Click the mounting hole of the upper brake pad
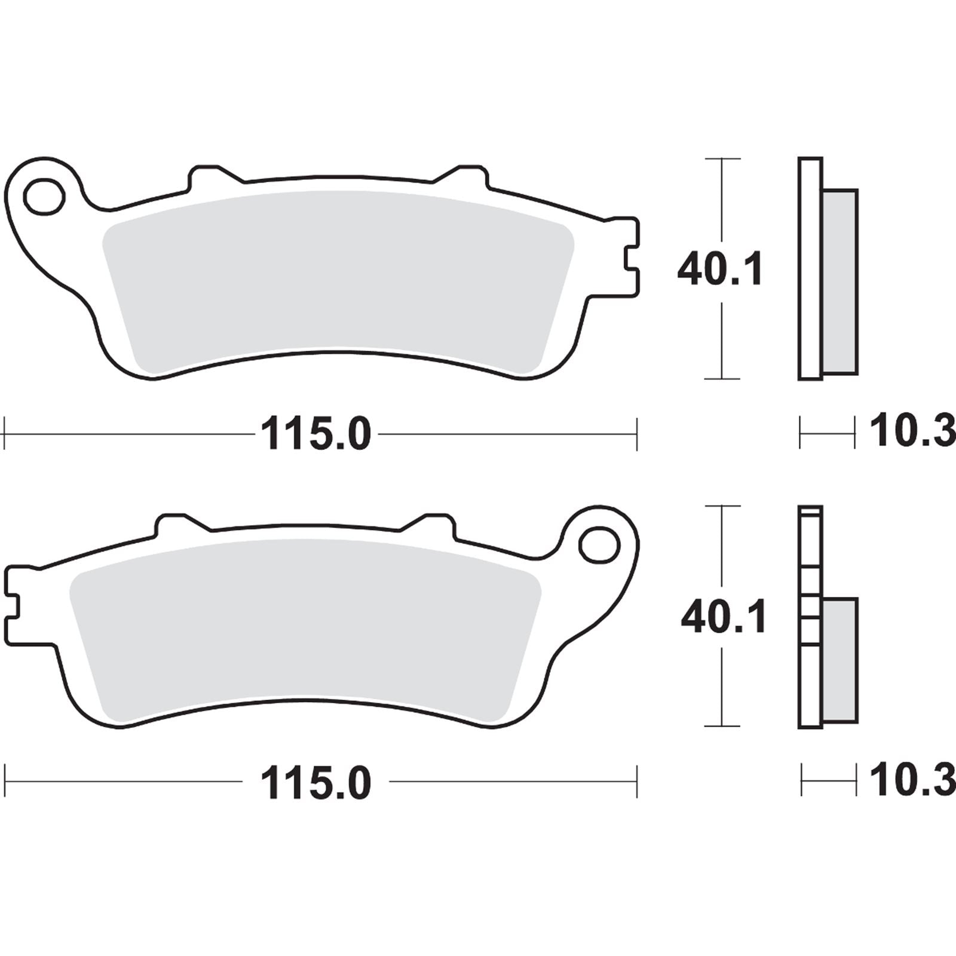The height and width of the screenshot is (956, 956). (x=44, y=195)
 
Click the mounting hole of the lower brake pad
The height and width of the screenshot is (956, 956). (x=599, y=544)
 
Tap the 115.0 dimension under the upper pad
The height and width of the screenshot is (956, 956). (x=316, y=434)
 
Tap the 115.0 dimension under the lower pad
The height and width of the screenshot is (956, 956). (x=316, y=783)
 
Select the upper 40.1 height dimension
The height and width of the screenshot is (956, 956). (x=720, y=269)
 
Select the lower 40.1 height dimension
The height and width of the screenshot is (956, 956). (x=723, y=618)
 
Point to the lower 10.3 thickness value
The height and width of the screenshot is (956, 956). (x=911, y=780)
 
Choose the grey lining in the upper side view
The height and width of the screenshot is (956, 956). (x=840, y=281)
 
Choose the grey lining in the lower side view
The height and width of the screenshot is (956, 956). (x=840, y=660)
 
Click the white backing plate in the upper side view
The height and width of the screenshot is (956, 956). (x=810, y=269)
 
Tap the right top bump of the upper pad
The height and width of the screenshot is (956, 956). (x=469, y=173)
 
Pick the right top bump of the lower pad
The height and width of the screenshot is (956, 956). (x=436, y=522)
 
